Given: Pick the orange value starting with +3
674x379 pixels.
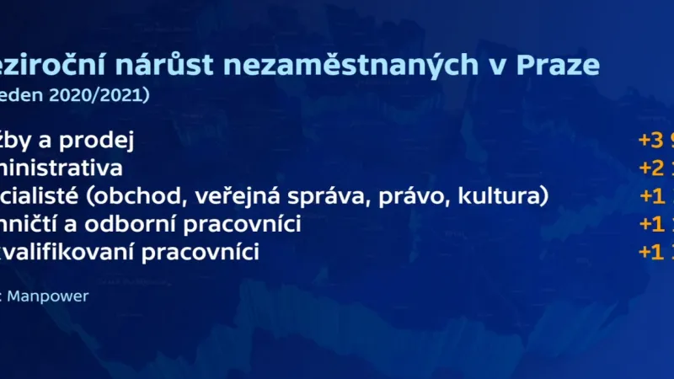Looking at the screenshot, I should (656, 139).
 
